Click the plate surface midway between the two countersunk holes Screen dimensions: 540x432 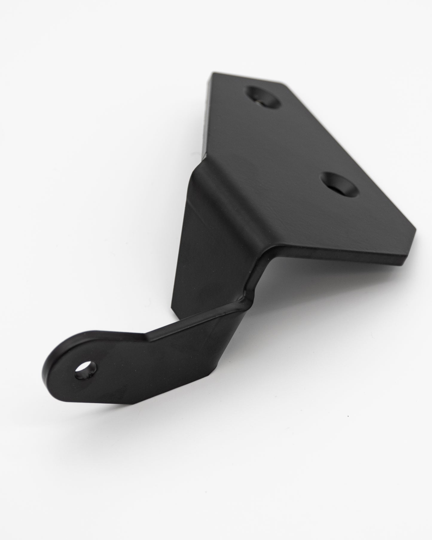[299, 141]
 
